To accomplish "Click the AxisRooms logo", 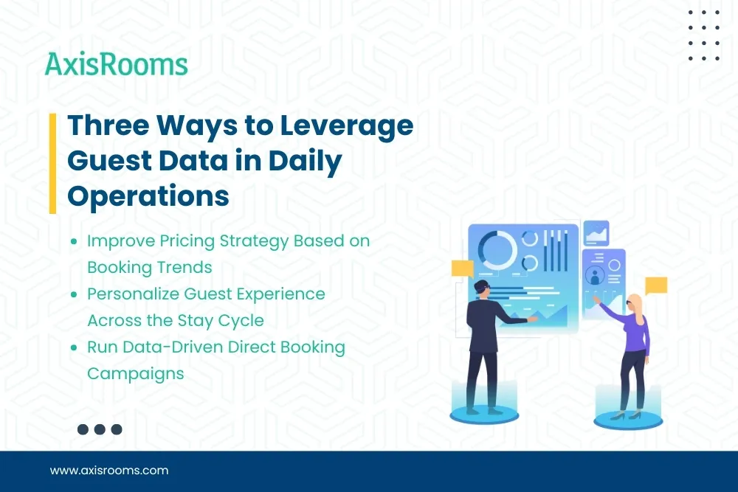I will [x=116, y=64].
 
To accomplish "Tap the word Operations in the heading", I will [x=148, y=195].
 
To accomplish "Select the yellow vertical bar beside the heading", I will [x=52, y=163].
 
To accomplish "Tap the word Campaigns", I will [x=135, y=373].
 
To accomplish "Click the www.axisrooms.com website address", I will [x=108, y=470].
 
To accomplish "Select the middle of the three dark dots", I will [x=100, y=429].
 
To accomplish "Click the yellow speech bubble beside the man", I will [x=462, y=268].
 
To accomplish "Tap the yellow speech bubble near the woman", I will [x=655, y=285].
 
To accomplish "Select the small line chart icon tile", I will [x=596, y=233].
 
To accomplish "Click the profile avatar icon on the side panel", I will [x=594, y=275].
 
